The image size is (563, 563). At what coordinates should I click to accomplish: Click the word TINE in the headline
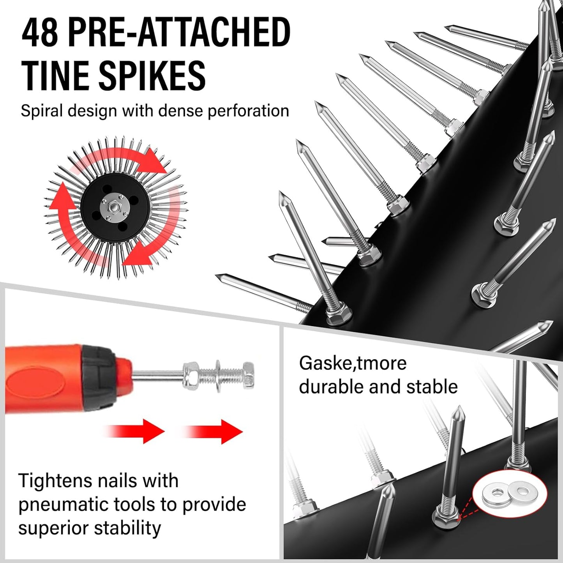click(55, 75)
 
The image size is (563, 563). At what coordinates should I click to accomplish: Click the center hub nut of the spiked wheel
click(114, 205)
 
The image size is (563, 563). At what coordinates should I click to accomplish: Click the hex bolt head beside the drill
click(248, 376)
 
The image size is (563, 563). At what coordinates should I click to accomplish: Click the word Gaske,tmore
click(353, 363)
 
